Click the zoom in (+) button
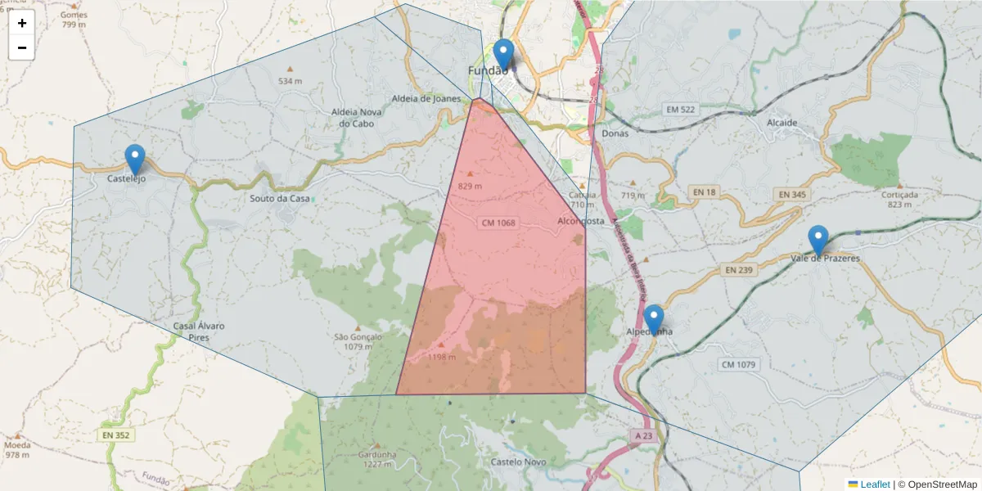tap(22, 23)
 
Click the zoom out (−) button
tap(22, 47)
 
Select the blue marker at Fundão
tap(504, 54)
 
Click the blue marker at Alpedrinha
tap(653, 320)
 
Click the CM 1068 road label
tap(498, 223)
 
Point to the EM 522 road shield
tap(680, 110)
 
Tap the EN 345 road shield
tap(793, 195)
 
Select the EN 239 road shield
tap(736, 269)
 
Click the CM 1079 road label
tap(739, 364)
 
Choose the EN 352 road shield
tap(117, 435)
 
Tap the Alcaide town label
tap(782, 123)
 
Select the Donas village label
tap(614, 133)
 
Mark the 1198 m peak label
tap(442, 357)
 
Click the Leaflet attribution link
tap(875, 484)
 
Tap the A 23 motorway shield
tap(642, 437)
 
